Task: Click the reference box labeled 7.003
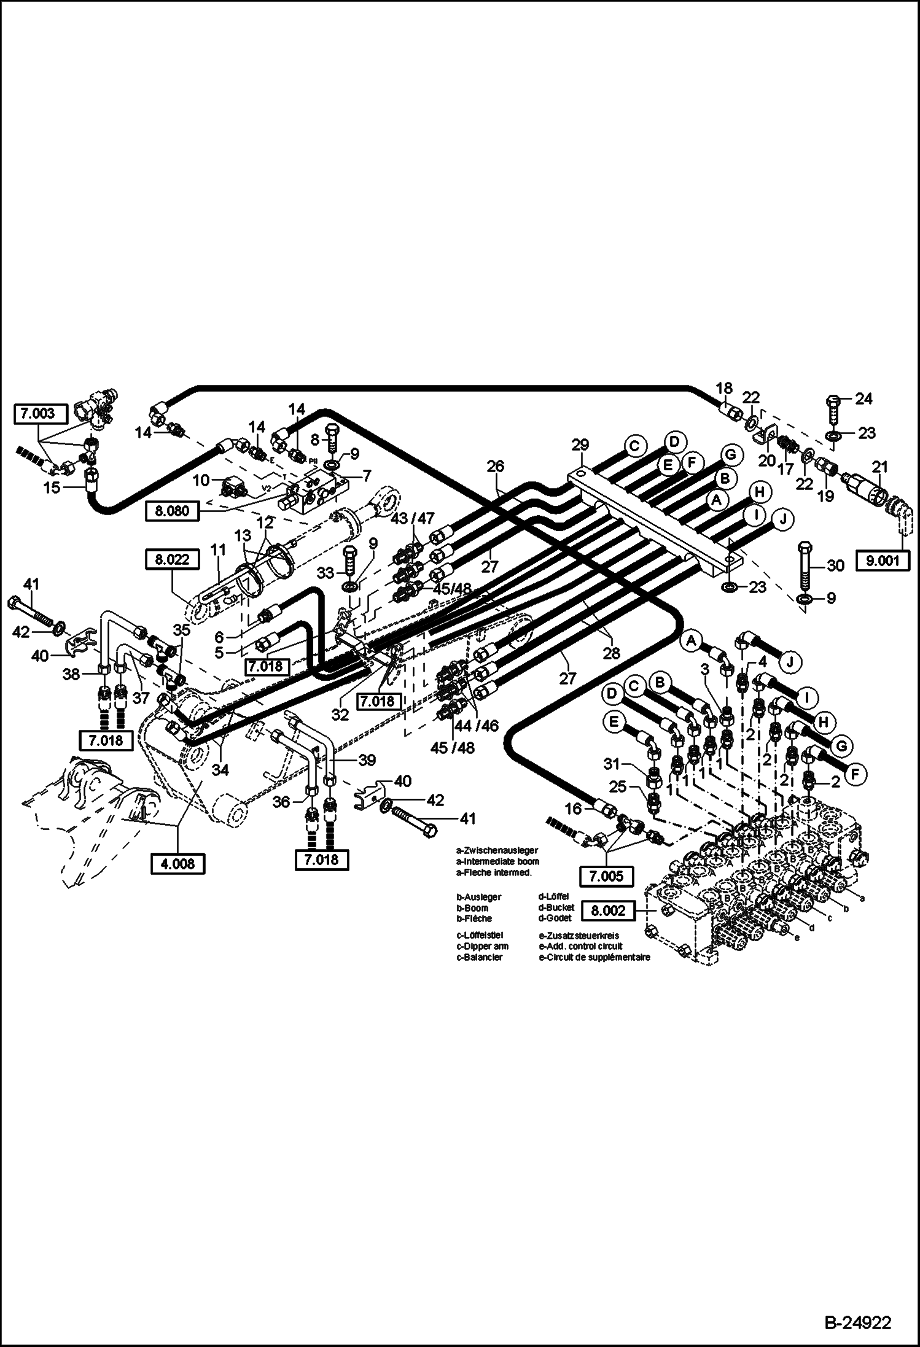36,414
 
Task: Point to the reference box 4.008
177,864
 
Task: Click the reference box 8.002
609,910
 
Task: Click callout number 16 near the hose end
572,809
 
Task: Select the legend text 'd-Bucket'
556,907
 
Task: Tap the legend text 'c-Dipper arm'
482,946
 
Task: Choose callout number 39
367,761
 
